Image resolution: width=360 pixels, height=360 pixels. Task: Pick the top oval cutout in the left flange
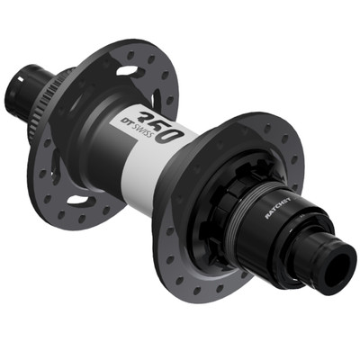pos(129,69)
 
